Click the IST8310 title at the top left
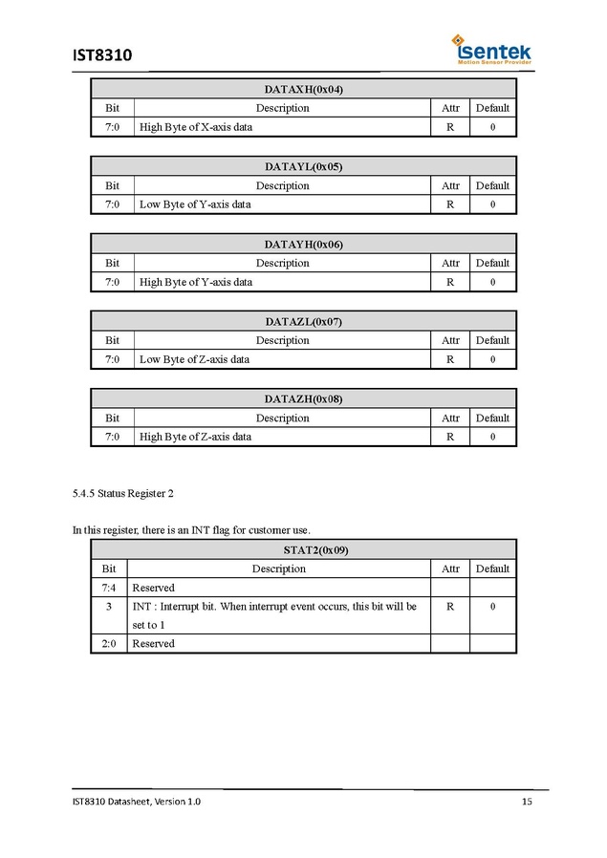[x=101, y=55]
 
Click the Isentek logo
[x=491, y=50]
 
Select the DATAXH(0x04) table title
[x=303, y=89]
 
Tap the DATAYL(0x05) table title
[x=303, y=166]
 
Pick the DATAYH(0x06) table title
[x=303, y=244]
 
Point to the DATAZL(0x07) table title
[x=303, y=321]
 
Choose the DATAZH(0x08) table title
[x=303, y=398]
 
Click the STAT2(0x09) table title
[x=303, y=550]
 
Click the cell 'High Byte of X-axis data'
[x=196, y=127]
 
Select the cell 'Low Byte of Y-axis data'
[x=195, y=204]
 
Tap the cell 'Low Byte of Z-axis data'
[x=194, y=359]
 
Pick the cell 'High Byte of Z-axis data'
[x=195, y=437]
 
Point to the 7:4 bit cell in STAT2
[x=109, y=588]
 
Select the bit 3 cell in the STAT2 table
[x=109, y=607]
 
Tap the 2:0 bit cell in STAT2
[x=109, y=644]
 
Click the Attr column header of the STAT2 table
[x=450, y=568]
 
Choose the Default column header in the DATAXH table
[x=492, y=108]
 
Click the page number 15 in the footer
[x=527, y=802]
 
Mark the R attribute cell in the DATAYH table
[x=450, y=282]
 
